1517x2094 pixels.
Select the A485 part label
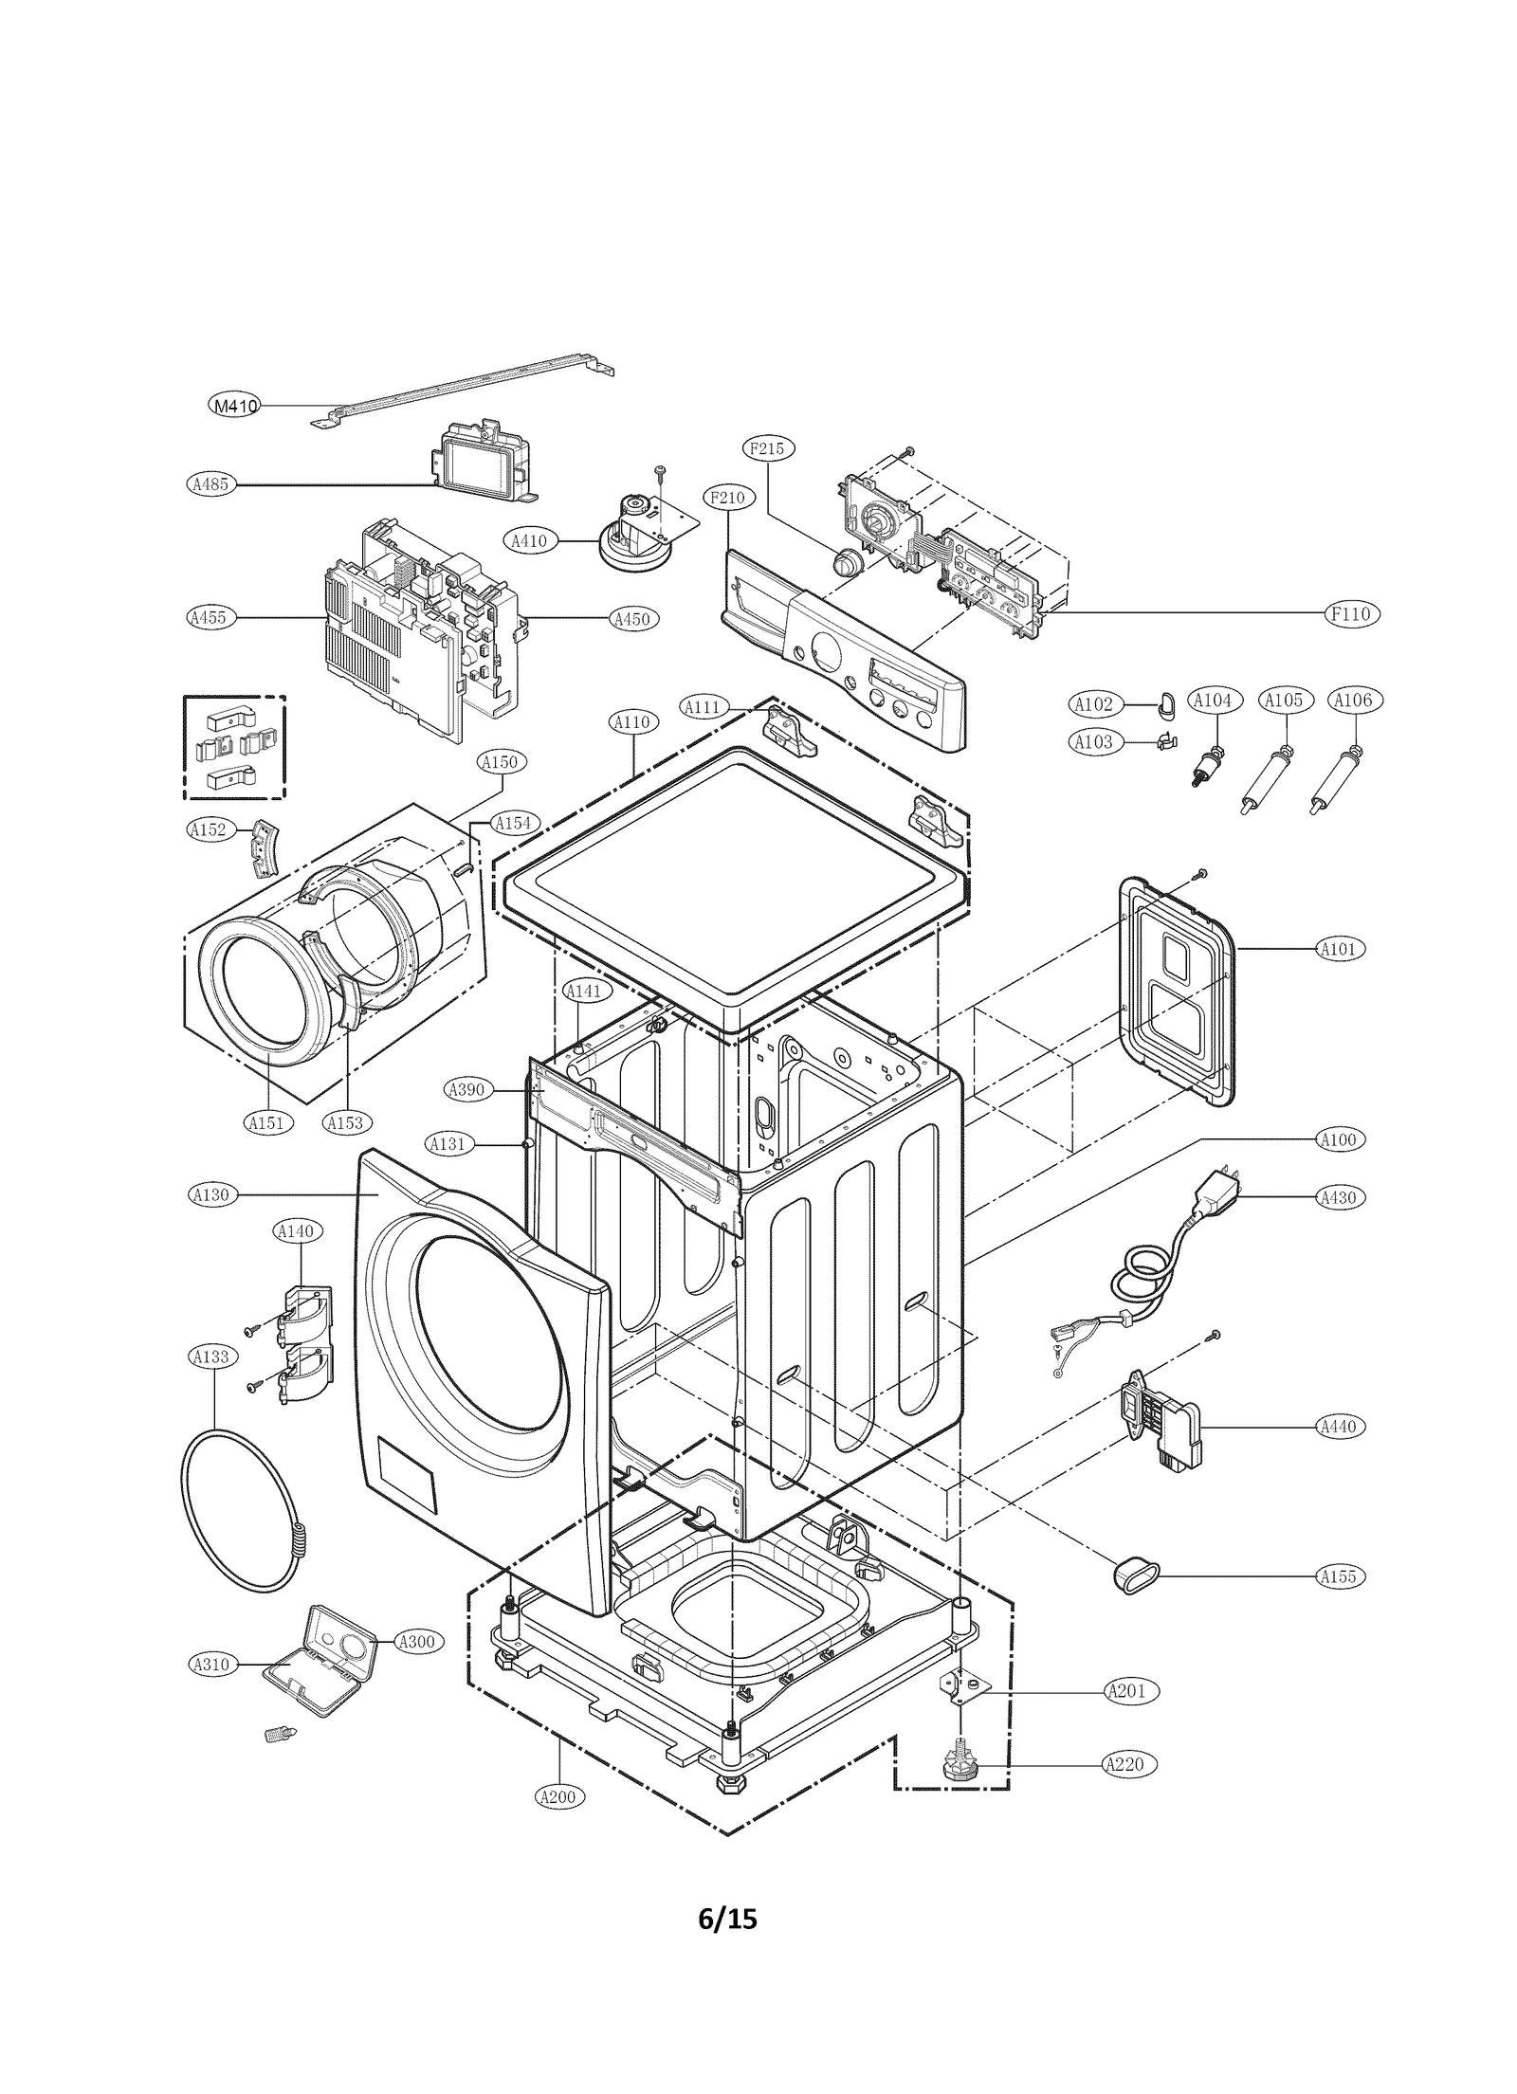click(x=209, y=484)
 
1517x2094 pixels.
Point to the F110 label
click(x=1350, y=613)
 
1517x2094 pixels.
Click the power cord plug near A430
click(x=1215, y=1196)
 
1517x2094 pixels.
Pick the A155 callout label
click(x=1339, y=1576)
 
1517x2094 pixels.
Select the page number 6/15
click(x=727, y=1919)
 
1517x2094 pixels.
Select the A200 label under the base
click(x=559, y=1796)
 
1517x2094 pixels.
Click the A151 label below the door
click(x=267, y=1123)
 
